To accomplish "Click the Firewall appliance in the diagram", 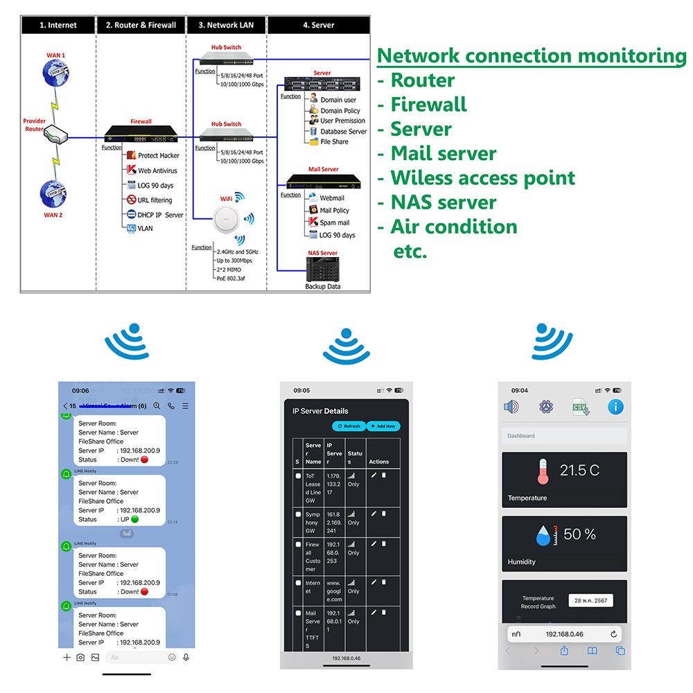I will [141, 134].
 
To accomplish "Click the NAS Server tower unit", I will [322, 269].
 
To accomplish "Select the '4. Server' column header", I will [318, 25].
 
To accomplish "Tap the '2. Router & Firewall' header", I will [141, 25].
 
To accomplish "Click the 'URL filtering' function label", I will [155, 200].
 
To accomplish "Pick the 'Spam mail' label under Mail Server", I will [334, 222].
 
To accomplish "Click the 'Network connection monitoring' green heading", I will [532, 55].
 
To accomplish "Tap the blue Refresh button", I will [349, 426].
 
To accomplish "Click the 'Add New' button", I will [383, 426].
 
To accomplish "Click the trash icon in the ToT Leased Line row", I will [384, 475].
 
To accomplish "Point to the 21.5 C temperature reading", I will [579, 471].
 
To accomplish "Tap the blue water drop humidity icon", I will [544, 535].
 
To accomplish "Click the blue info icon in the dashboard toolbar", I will [615, 407].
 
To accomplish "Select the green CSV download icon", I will [581, 407].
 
